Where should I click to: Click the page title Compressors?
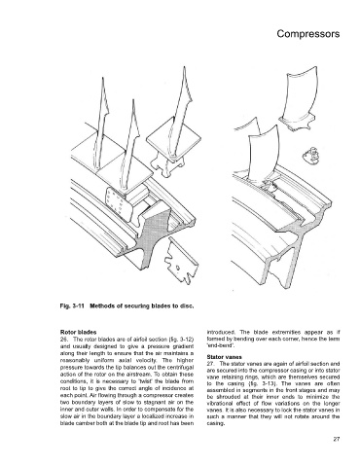[308, 34]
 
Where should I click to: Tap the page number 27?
[337, 440]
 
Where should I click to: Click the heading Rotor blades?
[78, 333]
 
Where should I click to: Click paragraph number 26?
[63, 340]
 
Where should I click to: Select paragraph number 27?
[210, 364]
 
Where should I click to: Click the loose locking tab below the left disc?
[180, 261]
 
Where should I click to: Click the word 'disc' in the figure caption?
[188, 305]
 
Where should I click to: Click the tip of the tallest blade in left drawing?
[185, 67]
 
